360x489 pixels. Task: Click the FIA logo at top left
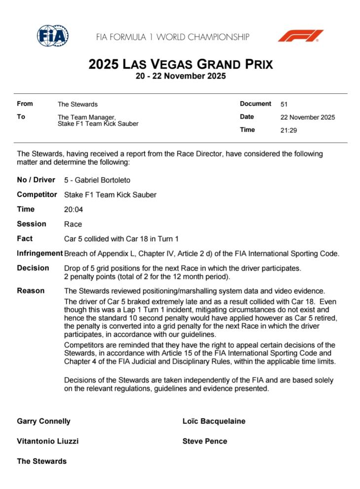pos(53,36)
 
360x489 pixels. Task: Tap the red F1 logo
pos(300,36)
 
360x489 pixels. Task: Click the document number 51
pos(284,105)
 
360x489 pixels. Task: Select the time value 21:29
pos(289,131)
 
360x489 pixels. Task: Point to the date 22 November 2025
pos(307,117)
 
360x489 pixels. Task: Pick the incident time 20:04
pos(73,209)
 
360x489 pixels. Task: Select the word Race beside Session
pos(73,224)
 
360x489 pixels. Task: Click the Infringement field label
pos(39,254)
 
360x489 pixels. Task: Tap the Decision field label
pos(33,268)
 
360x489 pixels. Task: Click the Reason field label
pos(31,291)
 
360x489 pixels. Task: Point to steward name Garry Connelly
pos(43,421)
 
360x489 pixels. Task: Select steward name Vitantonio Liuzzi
pos(47,441)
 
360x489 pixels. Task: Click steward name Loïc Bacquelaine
pos(214,421)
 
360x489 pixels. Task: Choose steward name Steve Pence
pos(205,441)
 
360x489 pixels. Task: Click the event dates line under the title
pos(180,76)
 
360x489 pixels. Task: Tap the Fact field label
pos(25,239)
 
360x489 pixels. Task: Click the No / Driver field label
pos(36,180)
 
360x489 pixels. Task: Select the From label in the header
pos(25,104)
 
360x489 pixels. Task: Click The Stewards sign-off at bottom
pos(41,461)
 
